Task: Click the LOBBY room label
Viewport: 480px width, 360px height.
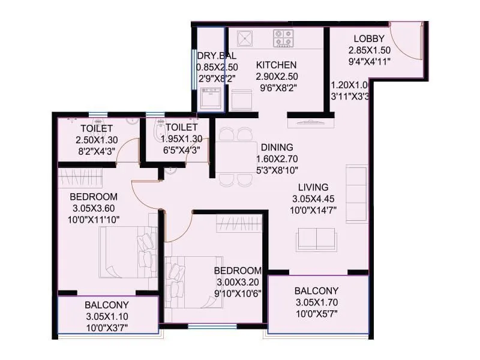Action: point(365,38)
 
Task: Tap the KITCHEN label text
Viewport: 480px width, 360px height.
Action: point(276,65)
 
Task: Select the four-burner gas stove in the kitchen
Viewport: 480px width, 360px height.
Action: point(283,38)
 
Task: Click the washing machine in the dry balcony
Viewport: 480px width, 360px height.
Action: point(211,98)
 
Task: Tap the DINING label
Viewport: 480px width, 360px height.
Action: point(277,147)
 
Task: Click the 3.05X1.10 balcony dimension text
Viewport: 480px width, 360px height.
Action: point(107,316)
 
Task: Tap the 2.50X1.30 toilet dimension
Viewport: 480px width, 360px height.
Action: point(96,139)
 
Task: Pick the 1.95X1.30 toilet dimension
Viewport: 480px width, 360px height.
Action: point(181,139)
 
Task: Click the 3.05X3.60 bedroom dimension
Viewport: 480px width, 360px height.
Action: point(93,208)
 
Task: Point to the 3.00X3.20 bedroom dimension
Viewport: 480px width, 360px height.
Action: point(239,282)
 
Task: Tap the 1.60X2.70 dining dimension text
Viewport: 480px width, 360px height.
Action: point(277,158)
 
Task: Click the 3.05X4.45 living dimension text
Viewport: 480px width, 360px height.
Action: point(314,199)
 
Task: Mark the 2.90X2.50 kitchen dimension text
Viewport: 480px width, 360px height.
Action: point(277,76)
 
